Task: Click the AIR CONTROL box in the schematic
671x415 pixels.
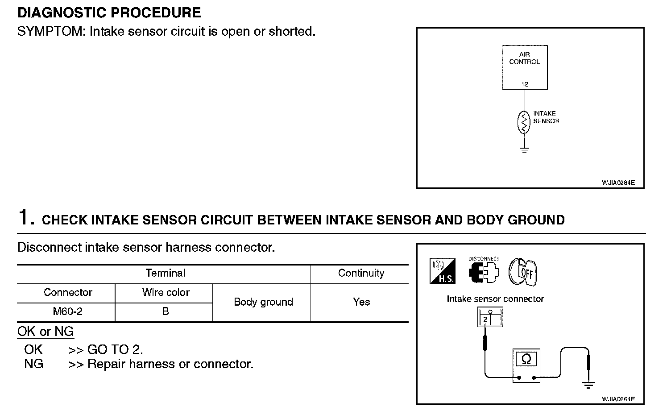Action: (x=525, y=67)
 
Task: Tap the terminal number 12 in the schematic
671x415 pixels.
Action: (x=525, y=84)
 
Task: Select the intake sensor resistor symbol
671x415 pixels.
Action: (x=524, y=122)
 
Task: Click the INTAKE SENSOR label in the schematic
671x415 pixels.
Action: (x=546, y=117)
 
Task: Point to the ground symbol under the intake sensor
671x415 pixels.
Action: (x=524, y=150)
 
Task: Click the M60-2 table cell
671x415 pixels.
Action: (x=67, y=311)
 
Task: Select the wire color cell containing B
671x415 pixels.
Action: (x=166, y=311)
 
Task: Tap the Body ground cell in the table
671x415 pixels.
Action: (x=263, y=302)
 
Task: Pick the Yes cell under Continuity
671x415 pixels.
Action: (x=361, y=302)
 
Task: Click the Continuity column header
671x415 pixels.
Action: (x=361, y=273)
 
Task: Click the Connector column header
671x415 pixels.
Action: (x=68, y=292)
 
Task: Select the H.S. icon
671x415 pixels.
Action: (x=443, y=271)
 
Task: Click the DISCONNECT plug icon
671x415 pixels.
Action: (x=483, y=270)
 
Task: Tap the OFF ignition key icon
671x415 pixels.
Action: (x=522, y=272)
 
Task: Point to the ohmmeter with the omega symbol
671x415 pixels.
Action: (x=526, y=365)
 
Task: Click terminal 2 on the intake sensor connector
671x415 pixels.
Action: (x=485, y=320)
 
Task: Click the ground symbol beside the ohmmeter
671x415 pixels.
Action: (x=588, y=385)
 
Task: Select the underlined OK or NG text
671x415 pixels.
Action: (x=45, y=332)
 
